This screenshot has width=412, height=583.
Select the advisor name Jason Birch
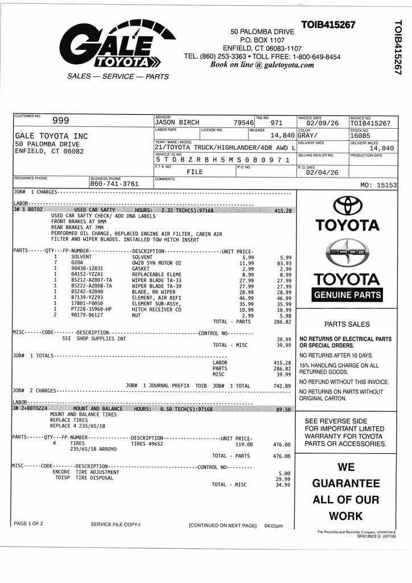click(177, 123)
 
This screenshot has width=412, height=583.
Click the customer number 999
click(60, 120)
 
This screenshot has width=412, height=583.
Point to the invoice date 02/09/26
click(322, 123)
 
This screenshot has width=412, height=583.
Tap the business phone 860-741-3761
click(114, 184)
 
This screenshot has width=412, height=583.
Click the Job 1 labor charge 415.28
click(282, 211)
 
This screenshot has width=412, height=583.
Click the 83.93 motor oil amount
click(284, 263)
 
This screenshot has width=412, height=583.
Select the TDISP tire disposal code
click(62, 478)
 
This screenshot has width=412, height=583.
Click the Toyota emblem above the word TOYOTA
click(347, 206)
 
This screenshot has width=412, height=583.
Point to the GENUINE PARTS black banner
click(347, 295)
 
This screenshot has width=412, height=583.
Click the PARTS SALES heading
click(347, 324)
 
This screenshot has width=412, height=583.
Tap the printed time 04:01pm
click(273, 525)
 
